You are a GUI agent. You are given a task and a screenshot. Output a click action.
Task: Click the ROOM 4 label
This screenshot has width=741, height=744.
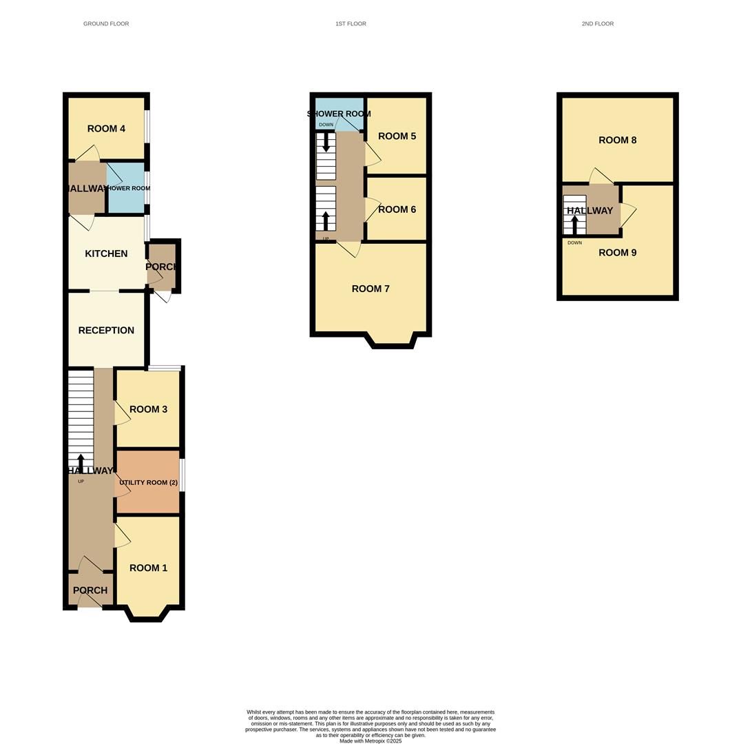click(x=106, y=129)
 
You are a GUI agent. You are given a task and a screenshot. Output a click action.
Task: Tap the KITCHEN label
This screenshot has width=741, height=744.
click(x=106, y=254)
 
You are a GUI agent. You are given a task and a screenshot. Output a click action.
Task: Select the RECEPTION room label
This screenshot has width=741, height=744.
click(x=106, y=330)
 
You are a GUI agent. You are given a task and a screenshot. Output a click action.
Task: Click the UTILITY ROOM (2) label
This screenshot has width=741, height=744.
click(x=148, y=482)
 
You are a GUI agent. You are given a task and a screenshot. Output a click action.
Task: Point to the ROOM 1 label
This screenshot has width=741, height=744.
click(x=148, y=568)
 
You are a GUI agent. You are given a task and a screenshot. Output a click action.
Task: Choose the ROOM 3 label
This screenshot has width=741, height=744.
click(x=148, y=409)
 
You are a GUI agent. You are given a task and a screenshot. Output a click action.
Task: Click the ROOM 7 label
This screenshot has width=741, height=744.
click(x=370, y=289)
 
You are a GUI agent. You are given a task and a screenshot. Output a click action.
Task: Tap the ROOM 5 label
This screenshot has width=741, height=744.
click(x=397, y=136)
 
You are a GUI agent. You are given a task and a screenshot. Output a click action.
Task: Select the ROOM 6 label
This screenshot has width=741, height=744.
click(x=397, y=209)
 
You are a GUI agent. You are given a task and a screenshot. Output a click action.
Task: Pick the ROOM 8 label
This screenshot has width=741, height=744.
click(x=617, y=140)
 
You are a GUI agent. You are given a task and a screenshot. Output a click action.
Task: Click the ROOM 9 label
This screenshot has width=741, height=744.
click(x=617, y=252)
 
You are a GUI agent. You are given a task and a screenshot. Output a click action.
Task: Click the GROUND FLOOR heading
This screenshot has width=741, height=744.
click(x=106, y=23)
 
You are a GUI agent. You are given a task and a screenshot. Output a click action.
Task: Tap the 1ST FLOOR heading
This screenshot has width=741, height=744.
click(x=351, y=23)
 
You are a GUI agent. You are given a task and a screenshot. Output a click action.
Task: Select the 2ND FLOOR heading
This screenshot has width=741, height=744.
click(x=597, y=23)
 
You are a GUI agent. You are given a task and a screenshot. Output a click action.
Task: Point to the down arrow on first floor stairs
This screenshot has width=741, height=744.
click(x=326, y=142)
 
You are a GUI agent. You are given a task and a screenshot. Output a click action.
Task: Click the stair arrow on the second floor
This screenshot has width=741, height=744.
click(x=574, y=224)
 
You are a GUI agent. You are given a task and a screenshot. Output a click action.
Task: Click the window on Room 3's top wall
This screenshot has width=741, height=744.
click(x=165, y=368)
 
